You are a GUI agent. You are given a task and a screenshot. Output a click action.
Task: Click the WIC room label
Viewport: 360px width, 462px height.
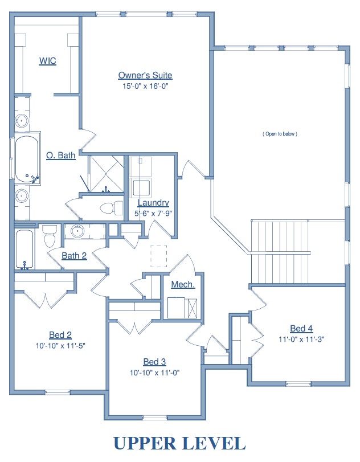47,61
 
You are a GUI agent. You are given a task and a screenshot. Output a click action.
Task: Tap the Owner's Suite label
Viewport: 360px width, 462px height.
145,75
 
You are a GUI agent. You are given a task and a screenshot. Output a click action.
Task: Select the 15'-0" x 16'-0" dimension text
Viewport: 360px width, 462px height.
145,86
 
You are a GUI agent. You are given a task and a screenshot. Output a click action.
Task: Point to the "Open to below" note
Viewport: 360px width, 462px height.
280,134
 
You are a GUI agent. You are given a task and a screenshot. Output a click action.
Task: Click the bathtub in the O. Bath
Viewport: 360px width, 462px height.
27,160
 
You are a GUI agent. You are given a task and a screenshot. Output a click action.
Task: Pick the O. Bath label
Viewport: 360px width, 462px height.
61,156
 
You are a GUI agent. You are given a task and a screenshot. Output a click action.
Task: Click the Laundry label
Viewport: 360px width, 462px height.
153,203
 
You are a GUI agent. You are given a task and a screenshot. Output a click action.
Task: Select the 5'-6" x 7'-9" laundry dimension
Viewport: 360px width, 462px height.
153,213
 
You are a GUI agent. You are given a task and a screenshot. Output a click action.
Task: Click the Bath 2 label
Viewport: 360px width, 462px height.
74,255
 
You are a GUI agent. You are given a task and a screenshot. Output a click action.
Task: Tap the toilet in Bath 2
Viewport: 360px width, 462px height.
50,236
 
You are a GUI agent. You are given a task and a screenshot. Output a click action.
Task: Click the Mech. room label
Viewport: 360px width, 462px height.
183,284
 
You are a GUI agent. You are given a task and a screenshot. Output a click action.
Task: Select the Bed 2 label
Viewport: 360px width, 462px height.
60,335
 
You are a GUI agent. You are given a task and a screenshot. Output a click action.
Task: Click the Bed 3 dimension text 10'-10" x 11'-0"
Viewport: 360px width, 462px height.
155,373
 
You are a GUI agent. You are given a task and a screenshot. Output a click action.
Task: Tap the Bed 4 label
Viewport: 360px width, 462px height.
301,328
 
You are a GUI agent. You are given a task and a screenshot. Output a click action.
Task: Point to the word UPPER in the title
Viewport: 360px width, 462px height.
144,443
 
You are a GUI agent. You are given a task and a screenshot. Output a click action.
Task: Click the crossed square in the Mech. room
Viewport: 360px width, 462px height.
192,308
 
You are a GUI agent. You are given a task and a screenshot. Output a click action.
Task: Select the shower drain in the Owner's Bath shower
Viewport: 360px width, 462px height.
105,174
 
